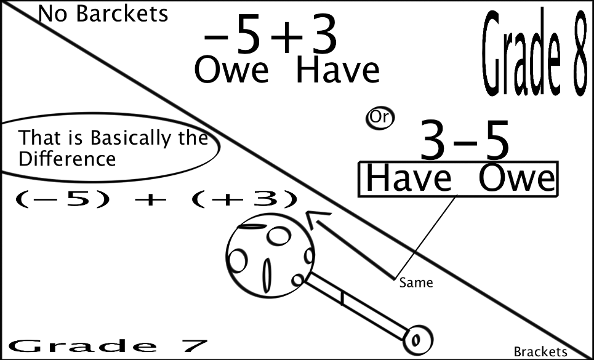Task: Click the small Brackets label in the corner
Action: (540, 352)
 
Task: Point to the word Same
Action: (416, 283)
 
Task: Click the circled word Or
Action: (380, 118)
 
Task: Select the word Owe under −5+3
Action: (231, 71)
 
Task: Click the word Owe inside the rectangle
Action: (516, 179)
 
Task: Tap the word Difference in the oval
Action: (67, 159)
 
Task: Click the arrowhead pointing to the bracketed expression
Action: (316, 218)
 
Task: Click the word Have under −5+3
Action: (337, 71)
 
